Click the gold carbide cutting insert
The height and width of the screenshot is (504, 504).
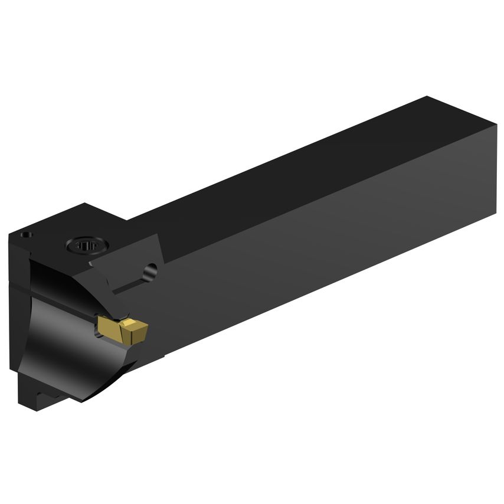tap(123, 329)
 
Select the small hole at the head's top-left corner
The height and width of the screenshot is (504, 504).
tap(26, 235)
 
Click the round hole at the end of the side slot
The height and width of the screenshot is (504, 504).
tap(152, 271)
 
